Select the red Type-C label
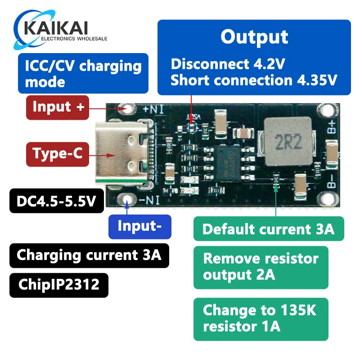[57, 153]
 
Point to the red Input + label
[58, 107]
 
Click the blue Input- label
[139, 226]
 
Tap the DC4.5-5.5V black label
[56, 201]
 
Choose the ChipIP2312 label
[58, 285]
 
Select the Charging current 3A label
[89, 255]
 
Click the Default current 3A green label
[268, 229]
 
